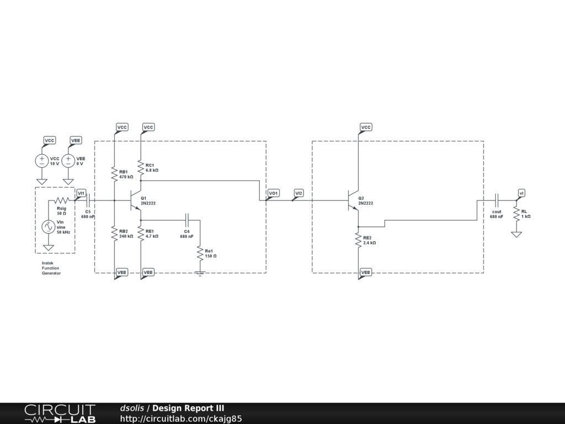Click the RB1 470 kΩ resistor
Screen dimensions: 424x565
(x=114, y=173)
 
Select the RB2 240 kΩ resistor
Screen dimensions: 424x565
(x=114, y=234)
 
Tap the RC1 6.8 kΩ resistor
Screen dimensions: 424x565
(x=141, y=167)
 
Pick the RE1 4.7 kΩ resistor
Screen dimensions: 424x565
(x=141, y=234)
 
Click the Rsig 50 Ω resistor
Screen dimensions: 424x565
(x=62, y=200)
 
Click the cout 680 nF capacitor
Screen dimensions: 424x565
(x=497, y=200)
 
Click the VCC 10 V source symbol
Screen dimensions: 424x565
(x=41, y=161)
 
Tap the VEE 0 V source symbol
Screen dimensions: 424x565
(x=68, y=161)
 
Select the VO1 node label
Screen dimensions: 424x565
(x=273, y=193)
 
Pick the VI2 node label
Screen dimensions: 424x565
(x=299, y=193)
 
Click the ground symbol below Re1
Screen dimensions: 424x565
(x=200, y=272)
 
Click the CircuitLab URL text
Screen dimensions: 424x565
(x=181, y=418)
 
